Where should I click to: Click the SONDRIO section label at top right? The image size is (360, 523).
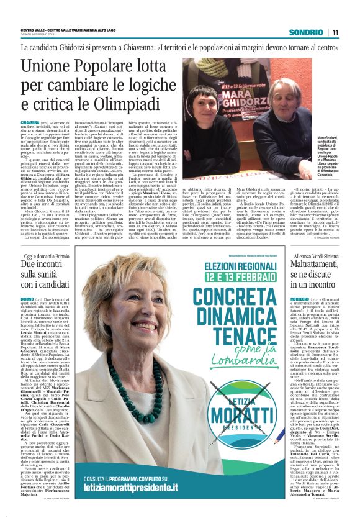click(308, 32)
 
